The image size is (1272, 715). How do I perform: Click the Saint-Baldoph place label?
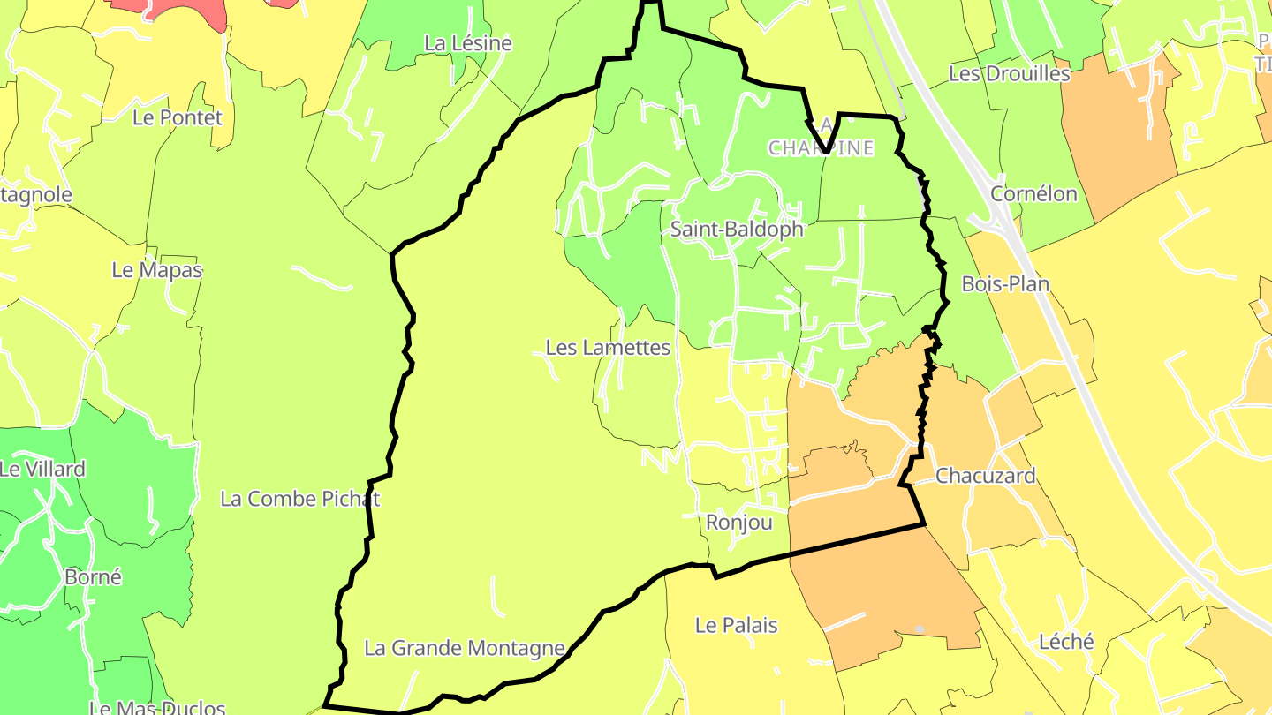pos(737,230)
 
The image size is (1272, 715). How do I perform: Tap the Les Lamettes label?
pos(608,348)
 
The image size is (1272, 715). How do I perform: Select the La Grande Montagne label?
pos(465,649)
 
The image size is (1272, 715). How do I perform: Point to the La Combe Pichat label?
pos(299,499)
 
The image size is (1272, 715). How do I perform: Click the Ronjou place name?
pos(739,523)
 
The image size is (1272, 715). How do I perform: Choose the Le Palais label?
pos(736,626)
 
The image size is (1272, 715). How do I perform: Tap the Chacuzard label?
pos(985,476)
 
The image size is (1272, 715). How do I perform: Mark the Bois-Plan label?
pos(1005,284)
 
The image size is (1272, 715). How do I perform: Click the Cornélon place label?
pos(1033,194)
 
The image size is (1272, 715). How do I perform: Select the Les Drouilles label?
pos(1009,74)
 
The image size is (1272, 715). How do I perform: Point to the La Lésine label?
pos(467,43)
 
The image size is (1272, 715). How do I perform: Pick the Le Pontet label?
pos(178,117)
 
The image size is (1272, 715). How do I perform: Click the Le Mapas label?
pos(156,271)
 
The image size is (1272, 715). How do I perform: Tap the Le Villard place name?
pos(42,470)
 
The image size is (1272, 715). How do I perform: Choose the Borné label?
pos(93,577)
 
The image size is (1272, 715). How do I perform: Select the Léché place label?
pos(1066,642)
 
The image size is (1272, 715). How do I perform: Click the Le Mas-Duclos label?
pos(157,707)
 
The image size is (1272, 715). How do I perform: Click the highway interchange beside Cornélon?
pos(994,221)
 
